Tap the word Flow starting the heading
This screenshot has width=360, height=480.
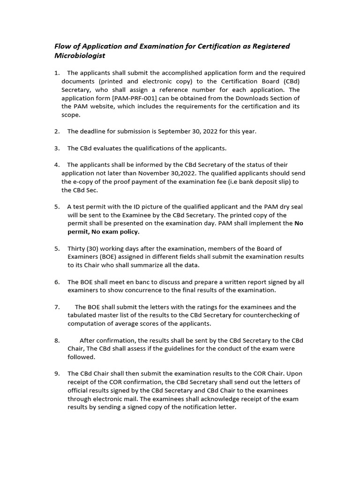pos(63,46)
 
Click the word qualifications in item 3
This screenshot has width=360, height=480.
pos(133,149)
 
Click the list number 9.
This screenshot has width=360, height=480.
pos(57,374)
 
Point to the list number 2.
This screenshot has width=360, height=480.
pos(57,132)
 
